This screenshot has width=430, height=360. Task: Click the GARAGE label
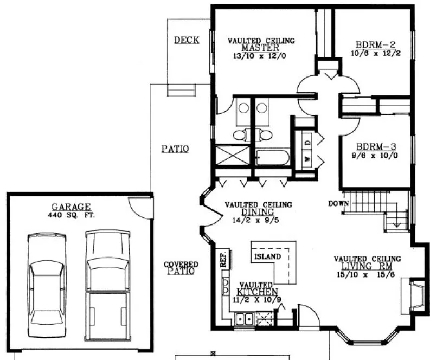pyautogui.click(x=71, y=207)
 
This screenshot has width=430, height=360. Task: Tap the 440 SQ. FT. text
pyautogui.click(x=71, y=214)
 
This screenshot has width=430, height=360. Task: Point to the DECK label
pyautogui.click(x=186, y=40)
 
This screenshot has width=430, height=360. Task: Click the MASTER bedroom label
pyautogui.click(x=261, y=48)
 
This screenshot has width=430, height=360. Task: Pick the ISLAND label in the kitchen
pyautogui.click(x=267, y=256)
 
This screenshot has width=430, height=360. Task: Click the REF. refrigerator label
pyautogui.click(x=222, y=260)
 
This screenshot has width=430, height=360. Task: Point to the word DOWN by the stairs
pyautogui.click(x=337, y=204)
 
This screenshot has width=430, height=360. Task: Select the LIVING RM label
pyautogui.click(x=367, y=266)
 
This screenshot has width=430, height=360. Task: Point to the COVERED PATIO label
pyautogui.click(x=181, y=268)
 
